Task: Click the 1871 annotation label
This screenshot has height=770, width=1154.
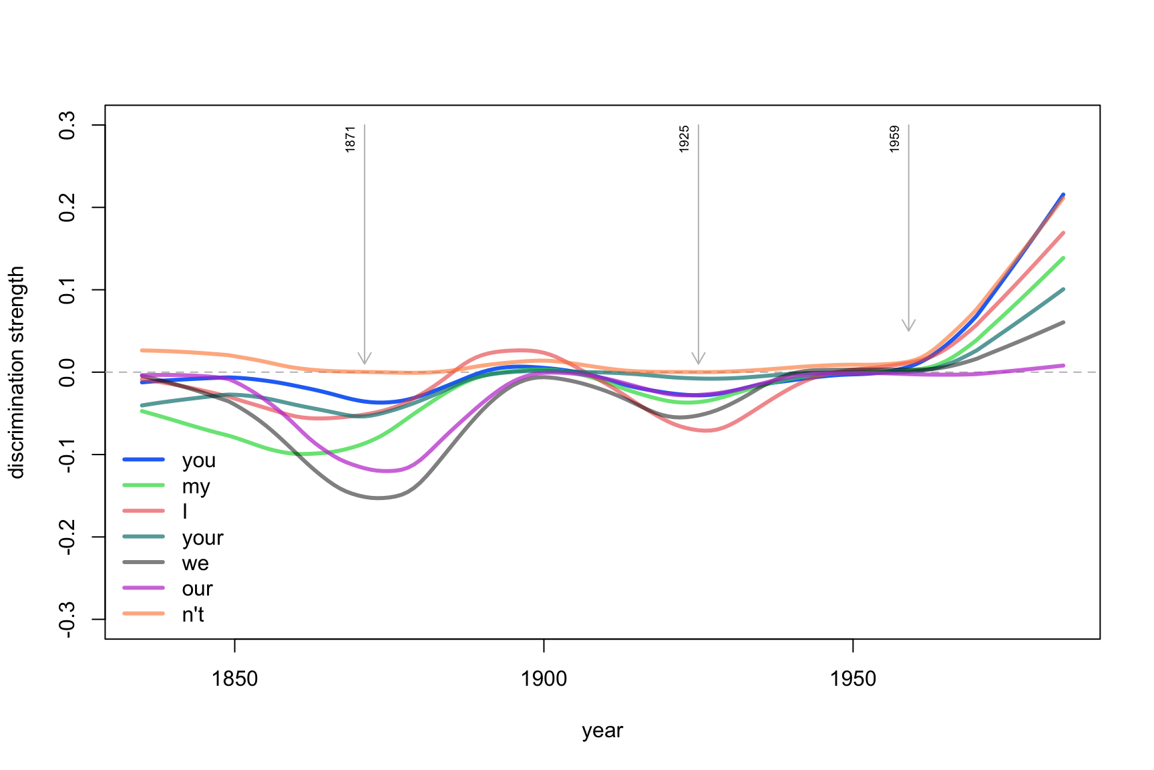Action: (x=351, y=139)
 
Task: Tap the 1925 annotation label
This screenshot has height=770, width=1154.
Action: (x=685, y=139)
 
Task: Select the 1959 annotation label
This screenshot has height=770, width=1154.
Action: (x=895, y=139)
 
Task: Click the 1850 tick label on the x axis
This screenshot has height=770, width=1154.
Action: (x=234, y=679)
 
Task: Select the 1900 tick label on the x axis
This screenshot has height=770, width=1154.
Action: (x=544, y=679)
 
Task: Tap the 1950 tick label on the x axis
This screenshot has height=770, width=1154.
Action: (x=853, y=679)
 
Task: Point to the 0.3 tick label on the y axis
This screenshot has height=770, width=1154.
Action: (x=67, y=125)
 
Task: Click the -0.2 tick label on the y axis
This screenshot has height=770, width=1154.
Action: (x=67, y=537)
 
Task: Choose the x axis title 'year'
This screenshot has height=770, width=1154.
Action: (x=602, y=731)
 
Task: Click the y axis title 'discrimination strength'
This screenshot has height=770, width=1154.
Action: (x=17, y=372)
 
